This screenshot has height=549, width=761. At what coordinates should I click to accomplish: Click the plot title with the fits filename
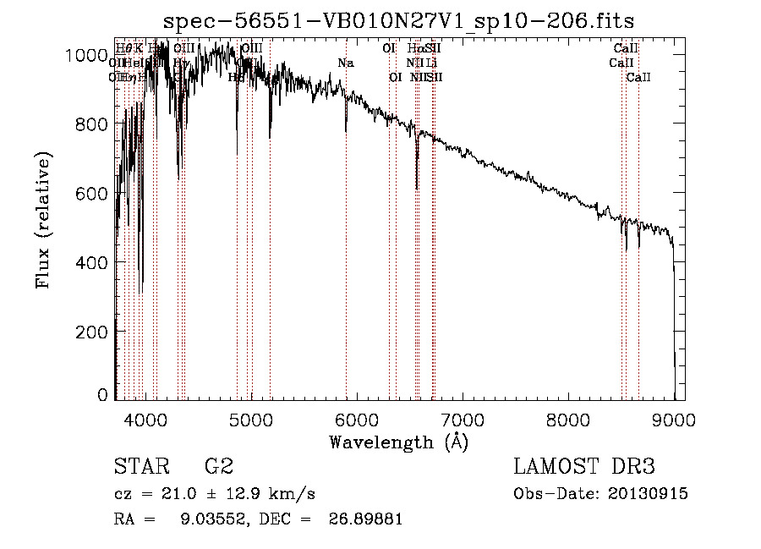click(x=398, y=20)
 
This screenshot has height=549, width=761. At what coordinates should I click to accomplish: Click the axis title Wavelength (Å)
click(x=399, y=441)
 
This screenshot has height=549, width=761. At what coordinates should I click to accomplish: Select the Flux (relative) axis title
click(x=43, y=221)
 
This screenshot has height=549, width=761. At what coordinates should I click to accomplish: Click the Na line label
click(x=345, y=63)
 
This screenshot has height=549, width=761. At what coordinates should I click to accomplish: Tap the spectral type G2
click(x=219, y=466)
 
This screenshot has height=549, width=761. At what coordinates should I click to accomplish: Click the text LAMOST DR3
click(x=584, y=466)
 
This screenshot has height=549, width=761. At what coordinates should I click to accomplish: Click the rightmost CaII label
click(x=638, y=77)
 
